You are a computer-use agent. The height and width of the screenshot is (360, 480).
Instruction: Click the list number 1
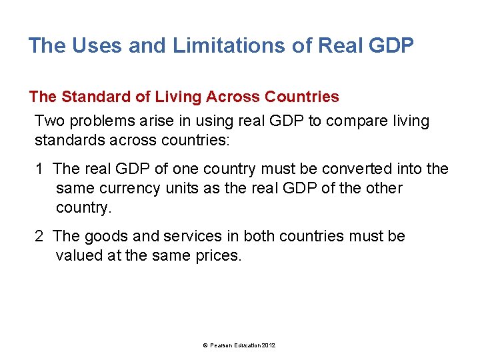40,169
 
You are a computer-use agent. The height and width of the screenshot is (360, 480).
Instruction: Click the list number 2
40,237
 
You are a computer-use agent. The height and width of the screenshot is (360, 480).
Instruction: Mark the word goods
103,237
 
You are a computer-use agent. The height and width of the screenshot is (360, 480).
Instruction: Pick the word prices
214,255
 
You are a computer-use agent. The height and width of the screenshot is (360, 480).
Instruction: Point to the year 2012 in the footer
268,345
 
